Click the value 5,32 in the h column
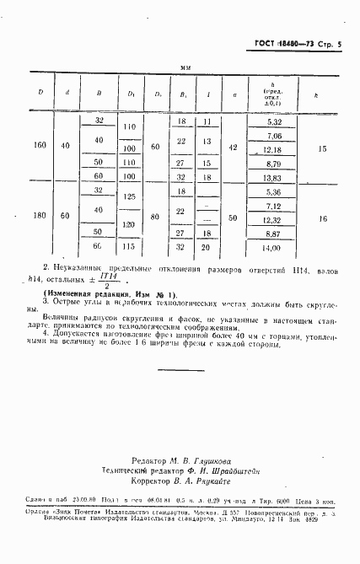click(273, 122)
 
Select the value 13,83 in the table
click(273, 178)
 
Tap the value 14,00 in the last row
click(273, 248)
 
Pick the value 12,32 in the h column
click(273, 220)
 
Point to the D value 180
click(40, 218)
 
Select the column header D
click(40, 94)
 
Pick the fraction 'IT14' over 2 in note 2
click(106, 277)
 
